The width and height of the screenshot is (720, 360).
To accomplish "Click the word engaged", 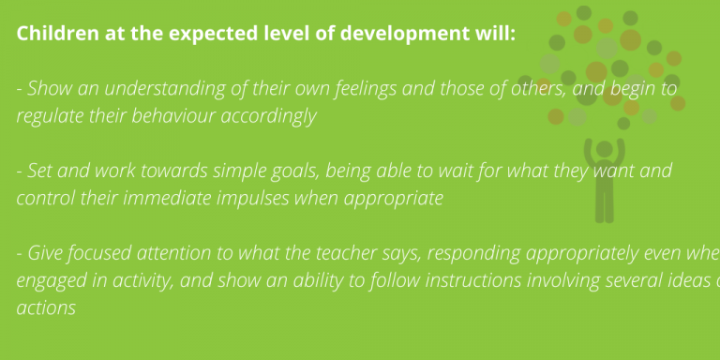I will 49,281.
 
